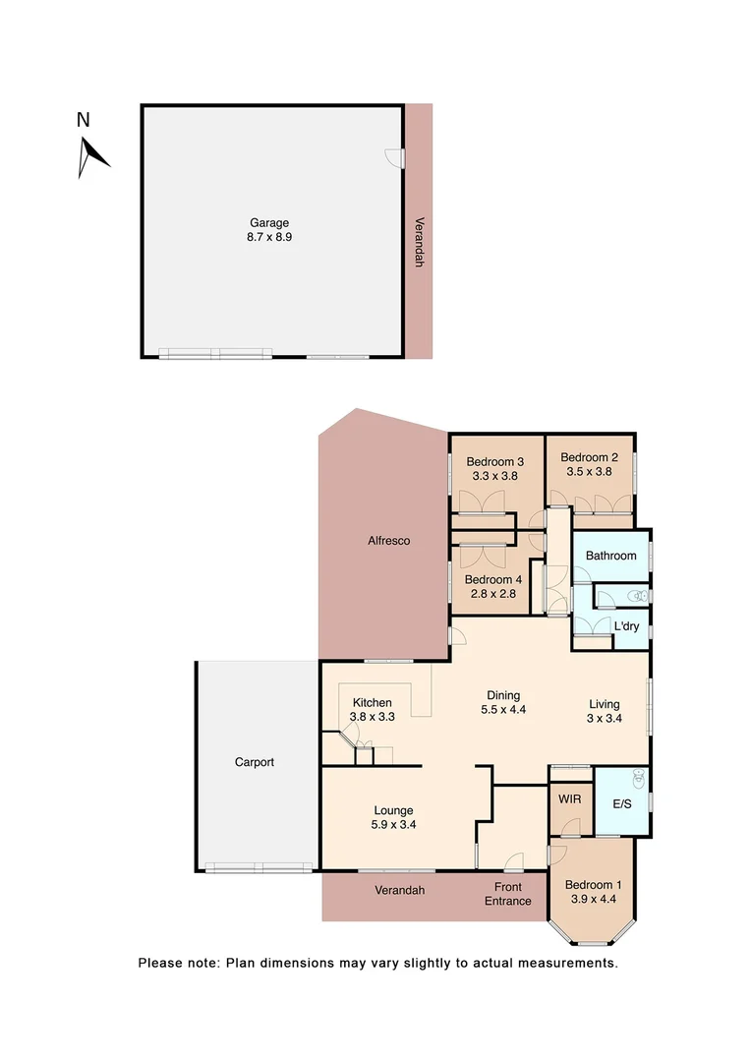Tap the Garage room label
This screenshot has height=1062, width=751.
(x=268, y=223)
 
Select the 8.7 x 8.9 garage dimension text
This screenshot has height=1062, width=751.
(x=268, y=239)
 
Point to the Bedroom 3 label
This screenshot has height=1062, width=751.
(x=494, y=462)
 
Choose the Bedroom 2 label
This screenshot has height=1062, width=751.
(x=589, y=457)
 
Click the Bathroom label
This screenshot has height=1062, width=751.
(x=610, y=556)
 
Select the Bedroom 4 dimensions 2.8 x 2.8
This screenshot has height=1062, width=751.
(x=493, y=595)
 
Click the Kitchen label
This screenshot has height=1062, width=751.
(x=373, y=702)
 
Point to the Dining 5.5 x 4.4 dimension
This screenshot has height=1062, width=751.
(x=504, y=710)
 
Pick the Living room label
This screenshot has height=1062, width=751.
(x=605, y=704)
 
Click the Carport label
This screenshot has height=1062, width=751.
(x=254, y=762)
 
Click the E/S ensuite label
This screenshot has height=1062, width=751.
(x=622, y=803)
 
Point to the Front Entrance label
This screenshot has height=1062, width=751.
(x=508, y=894)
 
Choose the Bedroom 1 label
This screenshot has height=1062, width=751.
(x=593, y=883)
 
